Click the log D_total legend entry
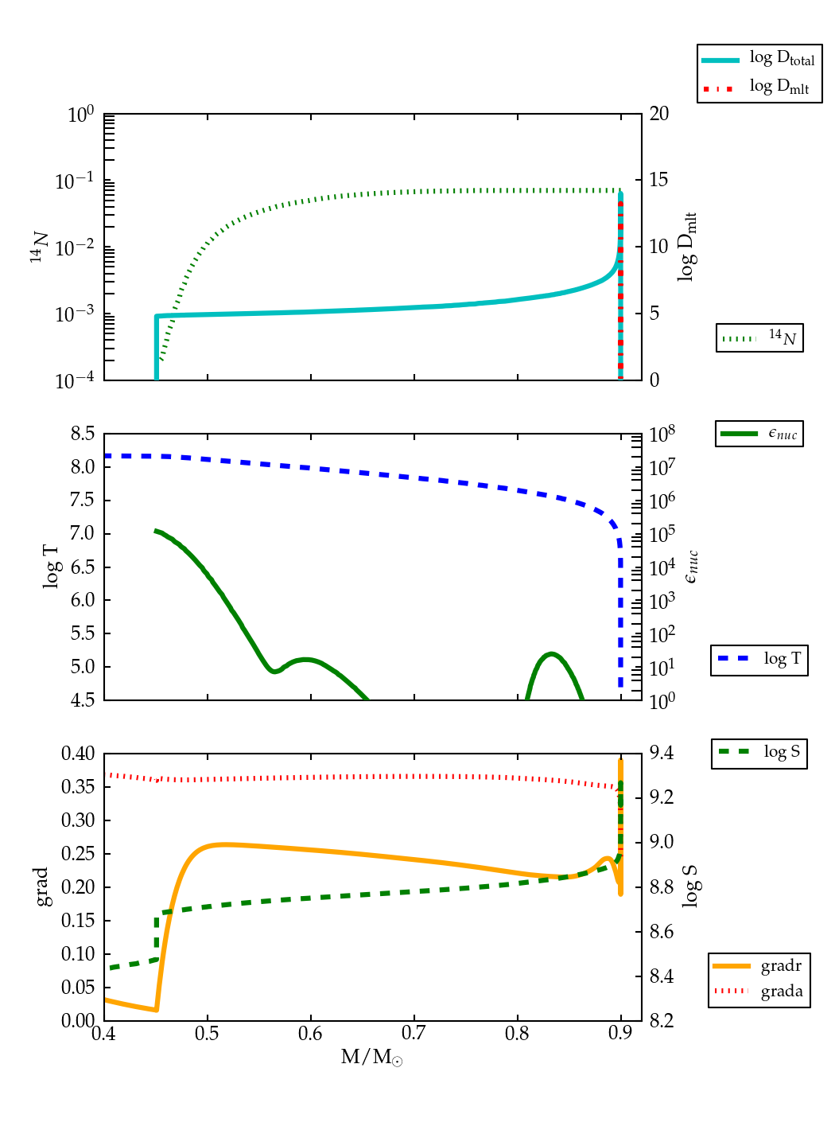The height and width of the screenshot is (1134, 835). coord(759,60)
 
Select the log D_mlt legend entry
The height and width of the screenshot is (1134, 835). coord(759,87)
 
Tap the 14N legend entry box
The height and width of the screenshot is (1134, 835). coord(759,338)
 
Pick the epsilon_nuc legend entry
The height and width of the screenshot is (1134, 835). coord(759,434)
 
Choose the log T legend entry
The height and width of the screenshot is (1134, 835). coord(759,660)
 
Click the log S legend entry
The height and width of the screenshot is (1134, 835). coord(759,752)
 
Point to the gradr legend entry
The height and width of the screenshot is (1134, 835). coord(759,966)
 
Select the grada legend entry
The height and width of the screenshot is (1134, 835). coord(759,992)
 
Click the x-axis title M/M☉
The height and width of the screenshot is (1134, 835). coord(371,1058)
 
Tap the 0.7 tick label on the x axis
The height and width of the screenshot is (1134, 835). coord(414,1034)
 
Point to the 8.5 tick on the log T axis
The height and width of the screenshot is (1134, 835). coord(83,434)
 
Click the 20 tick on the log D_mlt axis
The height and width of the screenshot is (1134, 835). coord(659,114)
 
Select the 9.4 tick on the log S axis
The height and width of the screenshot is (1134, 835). coord(662,753)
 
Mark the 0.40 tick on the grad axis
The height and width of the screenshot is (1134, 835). coord(78,754)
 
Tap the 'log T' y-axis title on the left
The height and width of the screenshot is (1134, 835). coord(51,567)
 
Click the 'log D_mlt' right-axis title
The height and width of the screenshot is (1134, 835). coord(687,247)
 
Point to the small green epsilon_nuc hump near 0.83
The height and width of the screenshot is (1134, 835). coord(552,656)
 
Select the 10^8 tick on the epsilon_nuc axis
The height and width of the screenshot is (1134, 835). coord(663,435)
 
